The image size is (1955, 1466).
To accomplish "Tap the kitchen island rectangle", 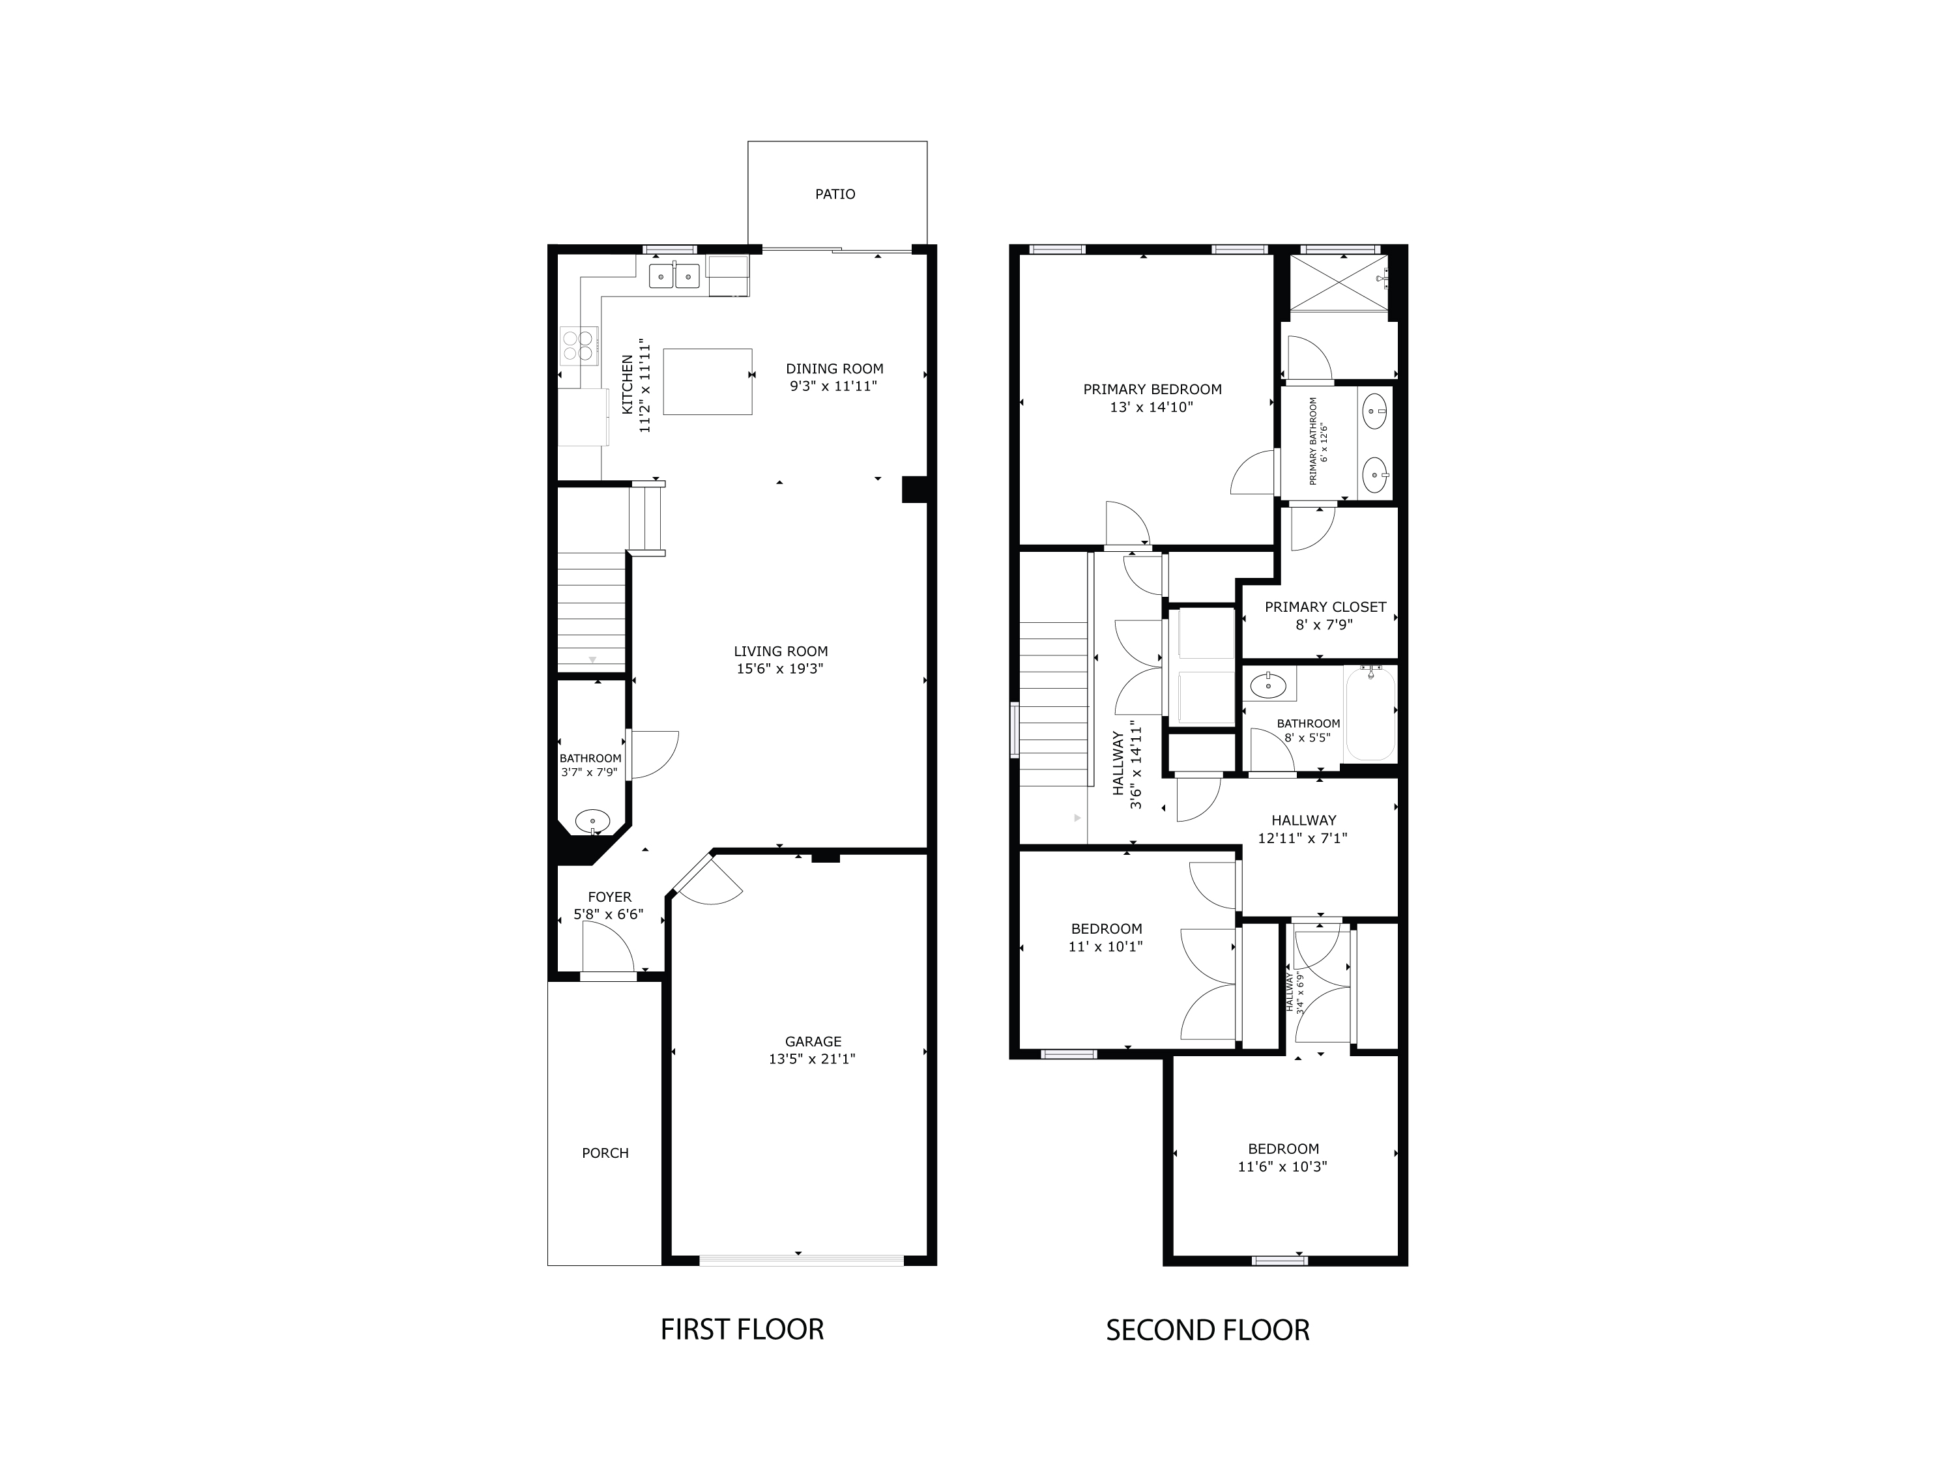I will click(707, 381).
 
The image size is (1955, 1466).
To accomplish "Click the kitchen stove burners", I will click(579, 345).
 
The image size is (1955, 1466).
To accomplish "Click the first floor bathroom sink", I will click(592, 821).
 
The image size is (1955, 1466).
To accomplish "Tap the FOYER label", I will click(609, 897).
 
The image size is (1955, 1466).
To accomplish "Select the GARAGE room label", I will click(812, 1042).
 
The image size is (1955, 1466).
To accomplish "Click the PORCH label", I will click(605, 1153).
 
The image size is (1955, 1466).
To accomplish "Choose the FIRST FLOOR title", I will click(742, 1330).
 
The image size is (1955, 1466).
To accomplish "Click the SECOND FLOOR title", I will click(1208, 1330).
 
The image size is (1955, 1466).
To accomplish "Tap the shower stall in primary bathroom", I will click(1338, 283).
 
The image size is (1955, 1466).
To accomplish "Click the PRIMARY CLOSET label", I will click(1324, 607).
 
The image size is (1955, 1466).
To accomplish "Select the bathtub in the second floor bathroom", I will click(1369, 714).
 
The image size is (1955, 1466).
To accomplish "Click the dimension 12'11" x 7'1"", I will click(1302, 839).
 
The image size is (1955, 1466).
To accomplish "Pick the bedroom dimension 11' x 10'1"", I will click(1106, 947).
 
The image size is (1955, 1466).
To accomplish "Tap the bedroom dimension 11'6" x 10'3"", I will click(1282, 1166).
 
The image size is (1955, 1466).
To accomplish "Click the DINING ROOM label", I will click(834, 369).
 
